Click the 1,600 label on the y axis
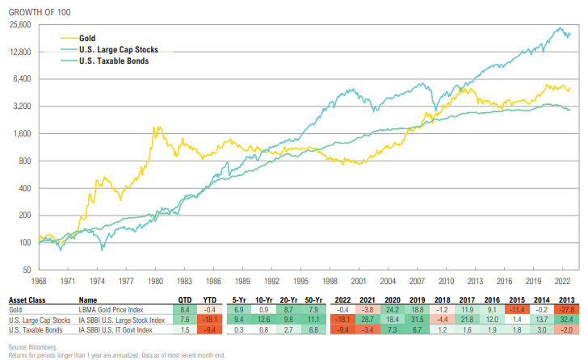20,134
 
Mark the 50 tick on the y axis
26,270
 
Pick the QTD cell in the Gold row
185,308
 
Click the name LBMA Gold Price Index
111,308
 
